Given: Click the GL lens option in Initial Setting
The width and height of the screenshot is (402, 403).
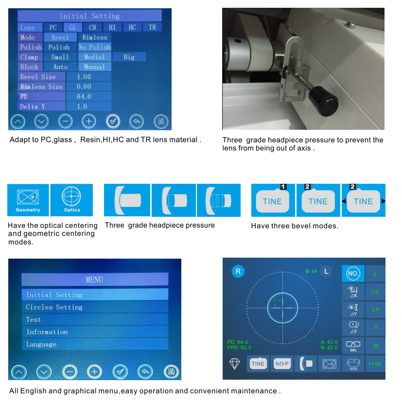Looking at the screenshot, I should pos(72,28).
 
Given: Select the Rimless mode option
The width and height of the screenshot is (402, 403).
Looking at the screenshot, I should pos(94,37).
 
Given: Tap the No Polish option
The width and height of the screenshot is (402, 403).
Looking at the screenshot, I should pos(95,47).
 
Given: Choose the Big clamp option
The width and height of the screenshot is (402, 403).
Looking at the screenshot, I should pos(129,57).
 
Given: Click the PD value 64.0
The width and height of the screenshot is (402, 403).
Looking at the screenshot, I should pos(84,97).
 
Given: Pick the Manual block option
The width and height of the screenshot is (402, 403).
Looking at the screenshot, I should pos(94,67).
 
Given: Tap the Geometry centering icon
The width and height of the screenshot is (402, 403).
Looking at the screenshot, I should pos(28,200).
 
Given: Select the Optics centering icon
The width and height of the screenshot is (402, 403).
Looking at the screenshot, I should pos(71,200).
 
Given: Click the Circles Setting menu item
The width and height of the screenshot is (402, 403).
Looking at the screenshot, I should pos(54,307).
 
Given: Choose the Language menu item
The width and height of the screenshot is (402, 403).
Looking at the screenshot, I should pos(41,344).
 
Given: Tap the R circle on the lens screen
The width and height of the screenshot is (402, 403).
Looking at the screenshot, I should pos(237,271).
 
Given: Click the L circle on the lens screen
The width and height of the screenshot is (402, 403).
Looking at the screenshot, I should pos(326,271).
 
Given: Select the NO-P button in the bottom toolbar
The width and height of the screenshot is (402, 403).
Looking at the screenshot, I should pos(282,364).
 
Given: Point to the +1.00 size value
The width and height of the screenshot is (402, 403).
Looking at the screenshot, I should pos(375,364).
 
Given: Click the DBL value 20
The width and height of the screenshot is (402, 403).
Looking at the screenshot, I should pos(375,345).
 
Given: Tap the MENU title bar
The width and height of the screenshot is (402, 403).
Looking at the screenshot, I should pos(95,280).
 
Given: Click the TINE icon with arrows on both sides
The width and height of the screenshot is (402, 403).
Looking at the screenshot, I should pos(363,201).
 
